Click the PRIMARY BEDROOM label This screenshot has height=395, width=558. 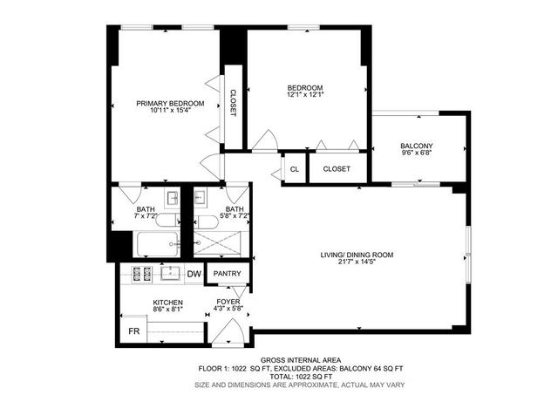pos(170,104)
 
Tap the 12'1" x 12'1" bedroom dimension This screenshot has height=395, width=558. pos(305,95)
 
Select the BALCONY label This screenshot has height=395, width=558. pos(417,146)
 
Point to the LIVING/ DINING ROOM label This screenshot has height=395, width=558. pos(357,255)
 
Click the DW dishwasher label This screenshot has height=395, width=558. pos(194,274)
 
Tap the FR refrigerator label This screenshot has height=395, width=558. pos(133,331)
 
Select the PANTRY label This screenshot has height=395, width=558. pos(227,273)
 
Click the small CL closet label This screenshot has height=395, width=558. pos(295,169)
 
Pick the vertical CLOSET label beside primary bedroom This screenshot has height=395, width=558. pos(233,103)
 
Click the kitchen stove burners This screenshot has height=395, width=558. pos(142,274)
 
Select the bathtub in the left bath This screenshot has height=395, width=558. pos(157,244)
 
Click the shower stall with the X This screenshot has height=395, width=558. pos(217,243)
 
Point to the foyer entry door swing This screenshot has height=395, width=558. pos(229,333)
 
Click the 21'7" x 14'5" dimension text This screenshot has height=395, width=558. pos(357,262)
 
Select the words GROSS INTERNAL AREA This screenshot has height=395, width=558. pos(301,360)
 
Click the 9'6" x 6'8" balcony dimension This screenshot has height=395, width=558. pos(417,153)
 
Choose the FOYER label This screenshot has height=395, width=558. pos(228,302)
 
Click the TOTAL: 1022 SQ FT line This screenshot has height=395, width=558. pos(301,377)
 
